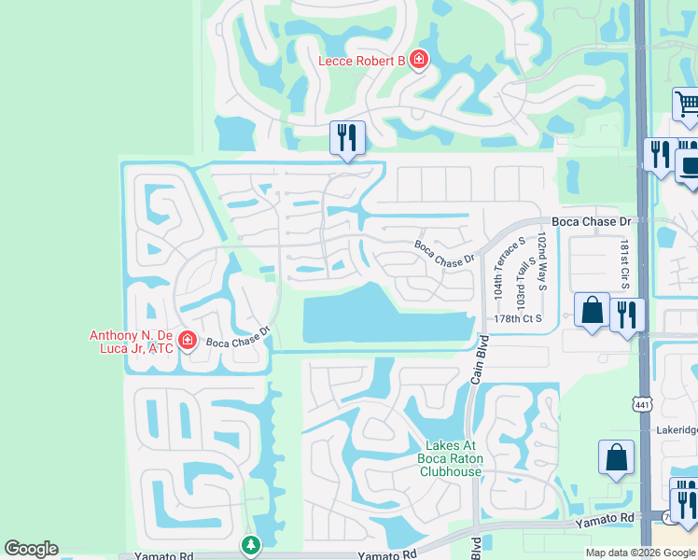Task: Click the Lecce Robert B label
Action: [x=362, y=62]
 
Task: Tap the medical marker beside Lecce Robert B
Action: [x=419, y=61]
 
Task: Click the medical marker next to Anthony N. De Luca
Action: [x=188, y=340]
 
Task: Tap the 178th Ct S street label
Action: [x=519, y=319]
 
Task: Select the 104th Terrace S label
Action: [x=497, y=268]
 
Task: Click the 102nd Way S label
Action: [x=541, y=262]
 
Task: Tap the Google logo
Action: [x=31, y=549]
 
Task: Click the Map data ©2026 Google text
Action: [x=640, y=553]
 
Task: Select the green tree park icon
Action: [x=250, y=544]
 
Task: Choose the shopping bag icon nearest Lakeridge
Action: [x=616, y=457]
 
